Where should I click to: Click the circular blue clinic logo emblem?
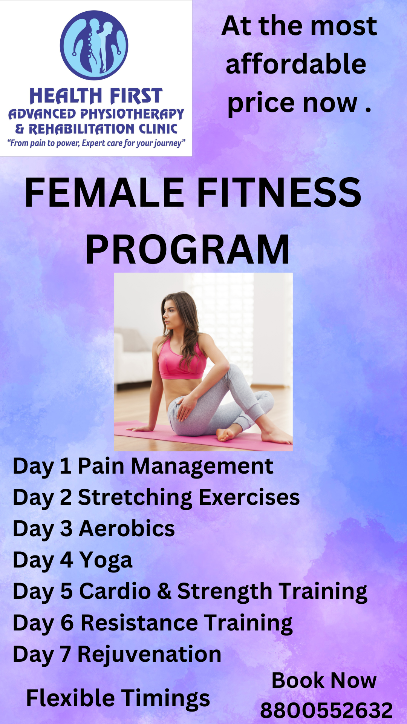pos(94,45)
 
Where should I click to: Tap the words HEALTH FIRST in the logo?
pos(96,96)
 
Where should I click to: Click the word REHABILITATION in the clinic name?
pos(82,129)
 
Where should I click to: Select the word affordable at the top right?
pos(296,64)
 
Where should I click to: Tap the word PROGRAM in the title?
pos(187,249)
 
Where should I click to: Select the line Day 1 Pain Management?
pos(143,467)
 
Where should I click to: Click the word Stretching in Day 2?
pos(135,498)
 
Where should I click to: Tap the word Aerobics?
pos(127,529)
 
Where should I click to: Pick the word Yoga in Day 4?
pos(106,561)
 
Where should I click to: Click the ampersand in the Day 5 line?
pos(164,591)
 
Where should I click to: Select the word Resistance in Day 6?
pos(139,623)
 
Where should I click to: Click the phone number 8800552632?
pos(326,711)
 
